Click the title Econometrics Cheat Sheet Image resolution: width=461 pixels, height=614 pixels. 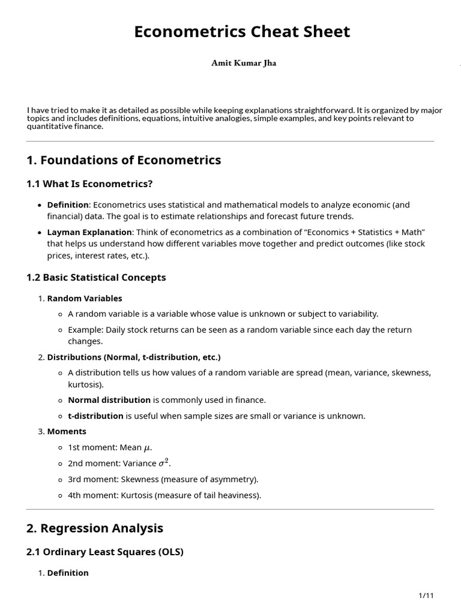tap(242, 32)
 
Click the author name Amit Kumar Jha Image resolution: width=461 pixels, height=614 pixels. tap(244, 63)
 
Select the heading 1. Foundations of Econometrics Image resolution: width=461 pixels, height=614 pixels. tap(124, 160)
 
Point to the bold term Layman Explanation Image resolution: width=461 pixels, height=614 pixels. tap(89, 232)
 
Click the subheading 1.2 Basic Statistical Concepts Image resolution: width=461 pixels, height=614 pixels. tap(96, 278)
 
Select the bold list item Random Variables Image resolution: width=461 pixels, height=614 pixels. tap(85, 298)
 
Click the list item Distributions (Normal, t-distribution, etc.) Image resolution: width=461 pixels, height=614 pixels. tap(134, 357)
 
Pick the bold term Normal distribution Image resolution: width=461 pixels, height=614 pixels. tap(109, 400)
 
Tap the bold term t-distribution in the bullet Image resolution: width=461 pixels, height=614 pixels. tap(95, 416)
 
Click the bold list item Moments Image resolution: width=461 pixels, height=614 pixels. tap(67, 431)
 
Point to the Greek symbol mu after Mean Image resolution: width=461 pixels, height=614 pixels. tap(146, 448)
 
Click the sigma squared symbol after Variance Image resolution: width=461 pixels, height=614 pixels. tap(164, 463)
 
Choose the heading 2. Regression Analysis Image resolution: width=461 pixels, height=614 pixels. tap(95, 528)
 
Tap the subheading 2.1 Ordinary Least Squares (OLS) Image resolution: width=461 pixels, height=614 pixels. tap(105, 552)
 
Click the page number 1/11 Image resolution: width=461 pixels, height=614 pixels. tap(426, 595)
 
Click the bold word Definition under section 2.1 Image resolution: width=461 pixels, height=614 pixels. tap(68, 573)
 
